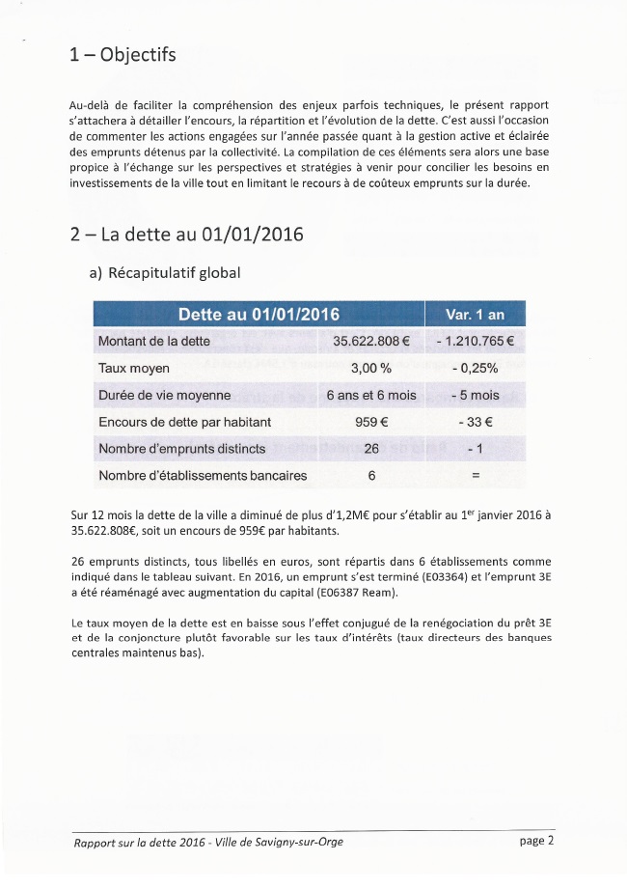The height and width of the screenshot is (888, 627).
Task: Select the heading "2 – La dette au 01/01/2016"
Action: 187,235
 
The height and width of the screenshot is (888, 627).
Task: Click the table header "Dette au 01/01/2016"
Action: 259,315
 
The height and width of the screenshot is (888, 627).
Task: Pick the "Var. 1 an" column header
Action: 475,315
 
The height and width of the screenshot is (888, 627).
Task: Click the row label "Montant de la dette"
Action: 154,341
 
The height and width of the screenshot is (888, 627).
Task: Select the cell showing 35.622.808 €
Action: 371,341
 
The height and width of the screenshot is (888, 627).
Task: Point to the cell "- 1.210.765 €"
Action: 474,341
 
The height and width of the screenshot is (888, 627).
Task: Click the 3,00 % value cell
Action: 371,368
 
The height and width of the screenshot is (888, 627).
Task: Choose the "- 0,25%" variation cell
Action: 474,368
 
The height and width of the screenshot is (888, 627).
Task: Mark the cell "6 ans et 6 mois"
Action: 371,395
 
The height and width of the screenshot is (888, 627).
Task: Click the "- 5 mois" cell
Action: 474,395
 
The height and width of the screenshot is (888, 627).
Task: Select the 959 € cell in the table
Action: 371,422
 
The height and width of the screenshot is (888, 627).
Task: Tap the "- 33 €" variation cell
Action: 474,422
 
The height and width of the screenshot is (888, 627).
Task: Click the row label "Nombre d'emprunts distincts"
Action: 181,449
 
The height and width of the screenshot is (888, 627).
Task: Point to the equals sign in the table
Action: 474,476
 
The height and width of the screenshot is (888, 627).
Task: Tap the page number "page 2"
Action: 536,840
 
